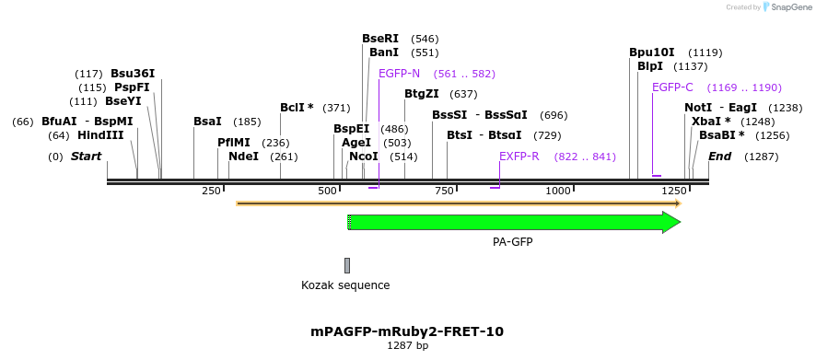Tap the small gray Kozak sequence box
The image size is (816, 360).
347,265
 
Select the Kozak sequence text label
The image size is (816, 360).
345,285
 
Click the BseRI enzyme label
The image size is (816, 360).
380,39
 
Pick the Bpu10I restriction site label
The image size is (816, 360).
652,52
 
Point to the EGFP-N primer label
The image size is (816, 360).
399,74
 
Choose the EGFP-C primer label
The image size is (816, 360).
672,87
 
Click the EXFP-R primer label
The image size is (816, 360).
519,157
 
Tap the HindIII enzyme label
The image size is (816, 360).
100,135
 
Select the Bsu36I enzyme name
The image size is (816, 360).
133,74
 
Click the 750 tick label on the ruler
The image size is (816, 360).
444,191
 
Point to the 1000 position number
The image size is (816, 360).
559,191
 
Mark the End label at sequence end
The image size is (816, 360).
719,157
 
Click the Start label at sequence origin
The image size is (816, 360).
86,157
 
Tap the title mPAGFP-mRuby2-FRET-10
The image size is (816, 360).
407,331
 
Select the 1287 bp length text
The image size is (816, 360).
407,346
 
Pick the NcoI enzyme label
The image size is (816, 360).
364,157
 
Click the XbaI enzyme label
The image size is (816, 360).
711,122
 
